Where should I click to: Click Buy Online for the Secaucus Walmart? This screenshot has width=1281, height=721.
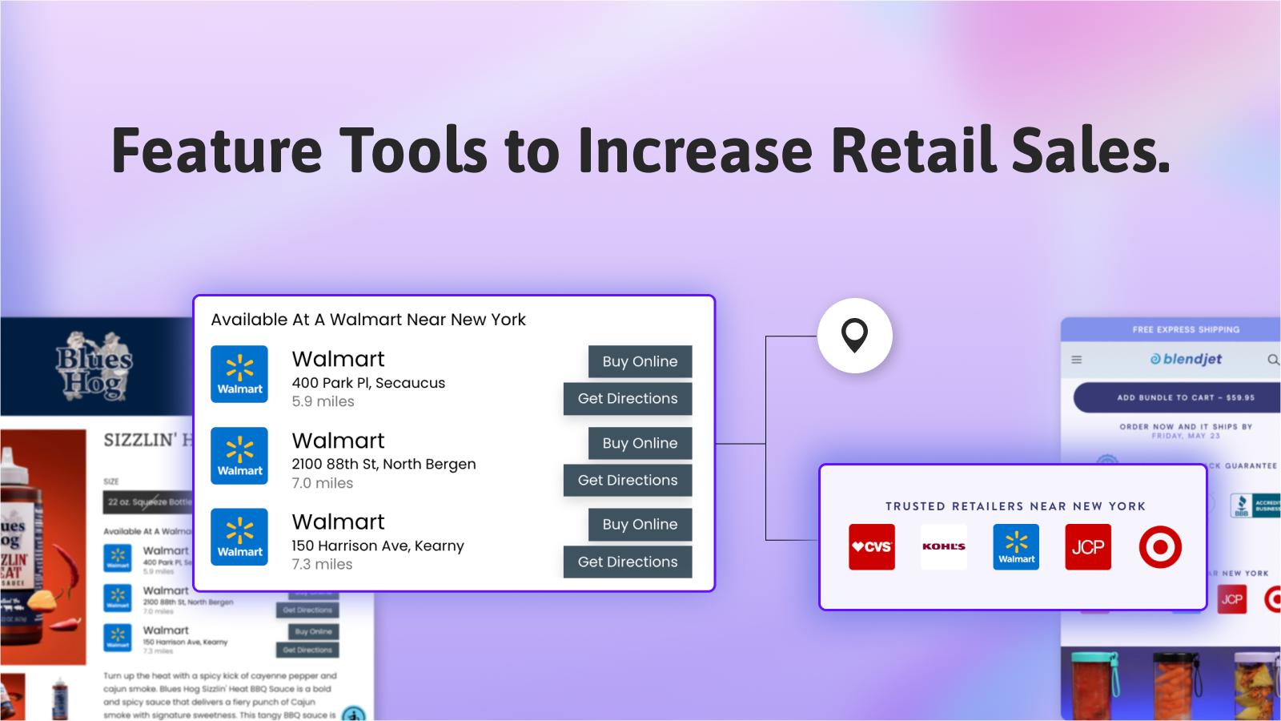coord(640,361)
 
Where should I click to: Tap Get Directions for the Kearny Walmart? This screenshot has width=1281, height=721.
coord(628,562)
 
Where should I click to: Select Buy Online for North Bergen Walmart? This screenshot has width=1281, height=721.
coord(640,443)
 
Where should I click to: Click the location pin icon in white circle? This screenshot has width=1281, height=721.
coord(854,335)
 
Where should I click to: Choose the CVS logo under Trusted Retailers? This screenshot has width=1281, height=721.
coord(871,547)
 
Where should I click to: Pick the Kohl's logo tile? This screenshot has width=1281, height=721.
coord(944,547)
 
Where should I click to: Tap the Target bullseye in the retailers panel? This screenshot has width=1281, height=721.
coord(1160,547)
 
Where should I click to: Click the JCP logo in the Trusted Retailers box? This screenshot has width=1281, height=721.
coord(1087,547)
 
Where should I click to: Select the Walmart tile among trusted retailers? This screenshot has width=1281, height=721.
coord(1016,547)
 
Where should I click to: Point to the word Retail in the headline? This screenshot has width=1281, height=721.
coord(913,151)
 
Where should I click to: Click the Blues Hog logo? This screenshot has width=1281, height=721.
coord(94,366)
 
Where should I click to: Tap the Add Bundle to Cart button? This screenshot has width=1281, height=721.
coord(1185,397)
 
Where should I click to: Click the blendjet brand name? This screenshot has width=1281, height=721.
coord(1187,359)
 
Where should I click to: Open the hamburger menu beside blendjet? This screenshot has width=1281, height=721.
coord(1077,360)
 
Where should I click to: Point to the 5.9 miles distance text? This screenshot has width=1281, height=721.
coord(323,401)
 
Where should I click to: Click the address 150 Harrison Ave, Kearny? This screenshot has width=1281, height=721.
coord(377,546)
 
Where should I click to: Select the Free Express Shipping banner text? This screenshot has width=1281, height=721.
coord(1185,329)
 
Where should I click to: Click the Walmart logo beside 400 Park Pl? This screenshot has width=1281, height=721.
coord(239,374)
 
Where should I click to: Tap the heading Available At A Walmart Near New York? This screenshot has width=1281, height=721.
coord(368,320)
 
